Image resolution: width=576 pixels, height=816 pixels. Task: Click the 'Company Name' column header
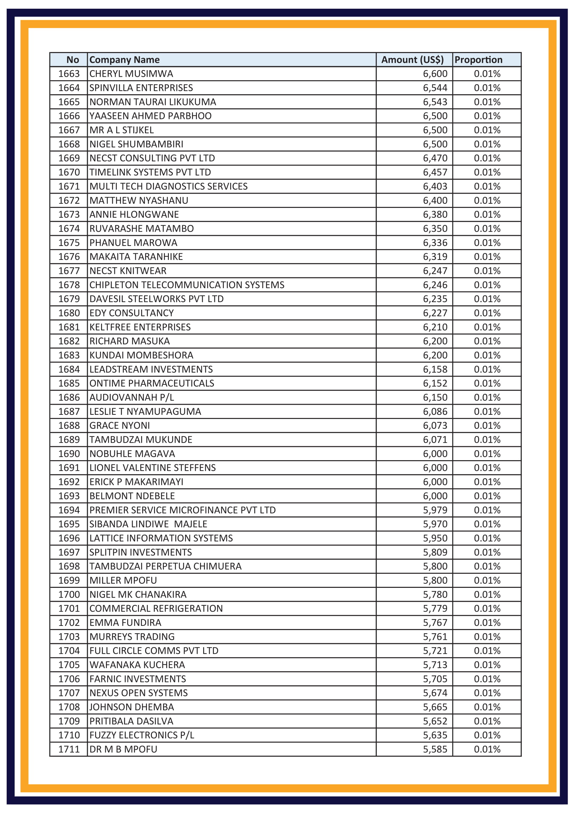point(124,60)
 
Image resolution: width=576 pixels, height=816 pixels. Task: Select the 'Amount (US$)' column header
point(412,60)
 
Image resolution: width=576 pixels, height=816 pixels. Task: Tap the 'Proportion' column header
point(478,60)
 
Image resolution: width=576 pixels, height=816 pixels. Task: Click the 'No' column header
point(72,60)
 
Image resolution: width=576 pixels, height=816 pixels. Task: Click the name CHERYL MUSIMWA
point(131,74)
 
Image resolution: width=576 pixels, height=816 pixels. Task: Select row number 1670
point(69,172)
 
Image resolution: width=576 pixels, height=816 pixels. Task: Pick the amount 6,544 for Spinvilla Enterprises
point(435,88)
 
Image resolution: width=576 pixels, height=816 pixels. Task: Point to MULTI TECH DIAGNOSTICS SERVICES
point(168,186)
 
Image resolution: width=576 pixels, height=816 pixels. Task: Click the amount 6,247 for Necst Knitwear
point(435,271)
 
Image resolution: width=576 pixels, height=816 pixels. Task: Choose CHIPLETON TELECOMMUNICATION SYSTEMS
point(187,285)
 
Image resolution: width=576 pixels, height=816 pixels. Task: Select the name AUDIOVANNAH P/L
point(132,397)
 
